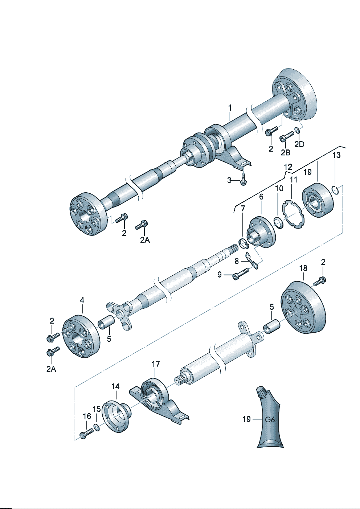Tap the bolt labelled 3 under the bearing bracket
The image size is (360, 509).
243,179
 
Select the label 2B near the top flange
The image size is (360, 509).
286,152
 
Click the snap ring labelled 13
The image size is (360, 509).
336,190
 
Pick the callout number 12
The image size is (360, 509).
288,167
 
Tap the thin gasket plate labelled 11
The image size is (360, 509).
293,215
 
